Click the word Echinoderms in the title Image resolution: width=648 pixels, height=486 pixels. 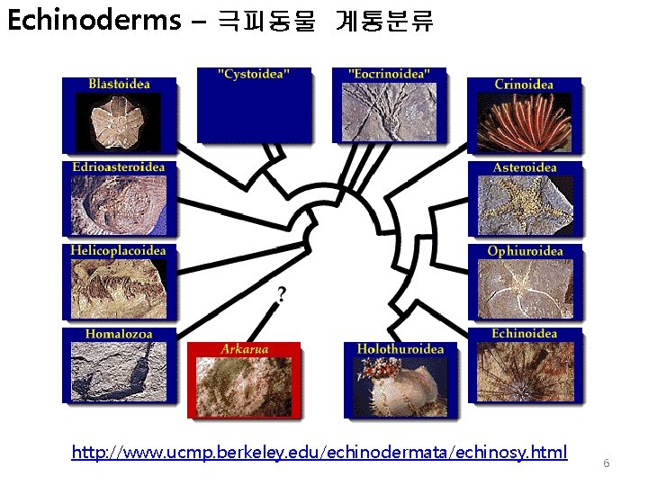[x=94, y=20]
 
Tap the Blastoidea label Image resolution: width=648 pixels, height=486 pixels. [x=119, y=84]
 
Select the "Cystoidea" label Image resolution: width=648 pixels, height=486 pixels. [x=254, y=74]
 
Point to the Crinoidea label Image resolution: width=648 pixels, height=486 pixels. [x=524, y=85]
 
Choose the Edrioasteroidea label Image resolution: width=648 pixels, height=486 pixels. [x=119, y=166]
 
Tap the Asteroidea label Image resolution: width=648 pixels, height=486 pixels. [x=525, y=167]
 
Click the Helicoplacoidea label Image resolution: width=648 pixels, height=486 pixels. [x=119, y=250]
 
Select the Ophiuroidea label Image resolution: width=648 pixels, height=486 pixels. [x=525, y=251]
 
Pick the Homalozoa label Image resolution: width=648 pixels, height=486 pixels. [x=119, y=334]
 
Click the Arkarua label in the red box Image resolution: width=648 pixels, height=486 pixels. [x=245, y=348]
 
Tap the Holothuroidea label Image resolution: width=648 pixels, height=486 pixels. [x=400, y=348]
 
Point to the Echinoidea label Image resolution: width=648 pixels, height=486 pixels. [x=525, y=334]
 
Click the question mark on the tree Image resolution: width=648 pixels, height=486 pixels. [x=283, y=293]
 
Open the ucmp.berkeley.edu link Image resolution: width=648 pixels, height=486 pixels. [x=319, y=451]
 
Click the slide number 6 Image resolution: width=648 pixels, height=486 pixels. [x=607, y=463]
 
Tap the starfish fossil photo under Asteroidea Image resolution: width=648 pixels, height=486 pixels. [x=524, y=203]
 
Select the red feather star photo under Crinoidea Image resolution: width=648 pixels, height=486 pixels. [x=524, y=121]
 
